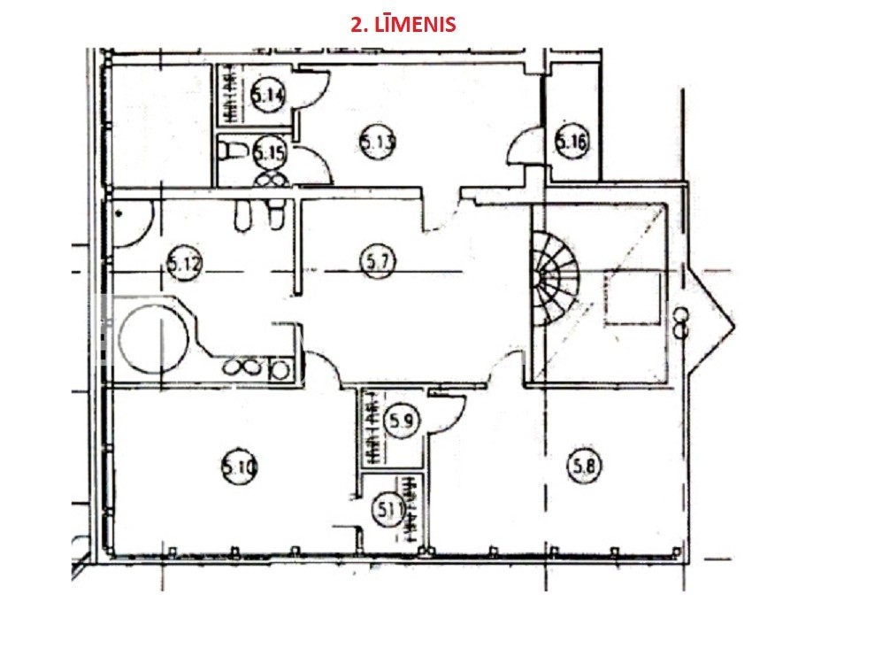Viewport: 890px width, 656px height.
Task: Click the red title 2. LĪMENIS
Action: [403, 24]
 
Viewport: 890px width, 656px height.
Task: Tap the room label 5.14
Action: [268, 95]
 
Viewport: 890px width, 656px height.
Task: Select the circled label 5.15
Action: [270, 152]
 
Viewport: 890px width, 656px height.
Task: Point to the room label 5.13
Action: [378, 142]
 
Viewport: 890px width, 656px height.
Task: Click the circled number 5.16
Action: [571, 141]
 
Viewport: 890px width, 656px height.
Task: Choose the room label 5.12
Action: [185, 264]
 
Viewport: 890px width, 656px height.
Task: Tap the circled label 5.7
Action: [378, 261]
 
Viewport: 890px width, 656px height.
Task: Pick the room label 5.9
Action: [402, 421]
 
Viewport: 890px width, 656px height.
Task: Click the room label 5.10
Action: [238, 467]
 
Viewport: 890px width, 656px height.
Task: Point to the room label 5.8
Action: [584, 467]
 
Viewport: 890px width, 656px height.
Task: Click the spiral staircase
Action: [554, 278]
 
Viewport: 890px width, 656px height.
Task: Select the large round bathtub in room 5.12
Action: [153, 340]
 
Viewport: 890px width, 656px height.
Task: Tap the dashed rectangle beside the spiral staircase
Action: [633, 298]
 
